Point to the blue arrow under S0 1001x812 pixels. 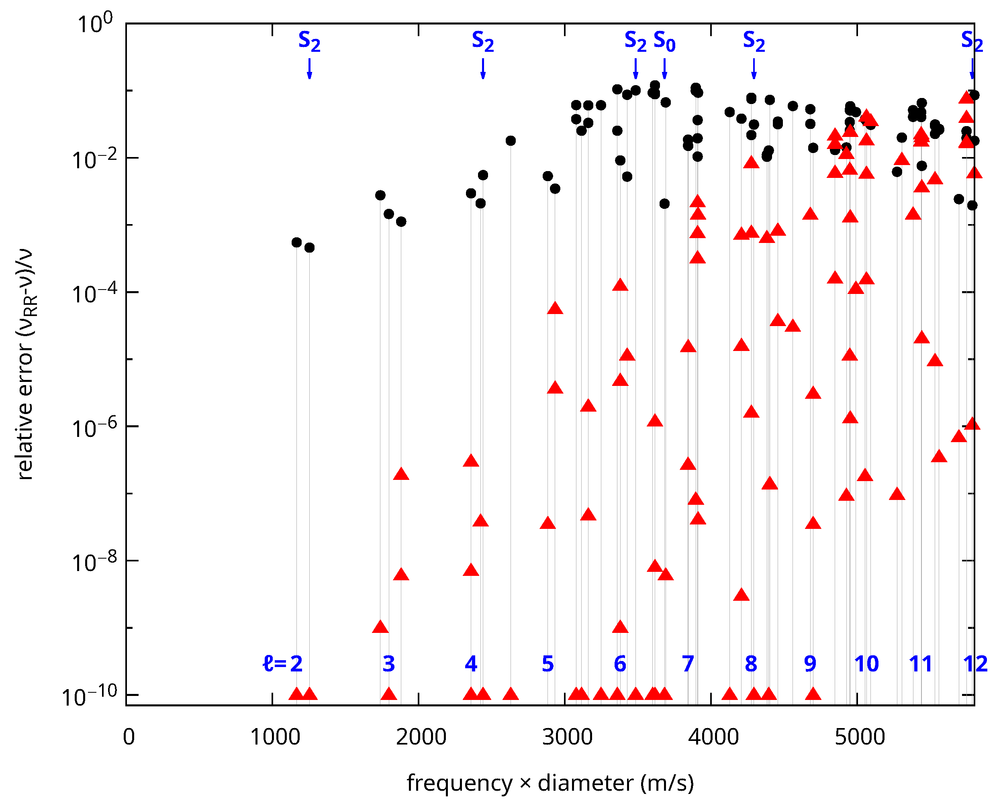tap(664, 69)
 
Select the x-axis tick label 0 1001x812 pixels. tap(129, 737)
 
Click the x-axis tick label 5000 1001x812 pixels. tap(860, 737)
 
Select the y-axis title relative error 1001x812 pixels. tap(26, 365)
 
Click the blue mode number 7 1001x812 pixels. tap(688, 664)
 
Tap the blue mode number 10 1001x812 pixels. tap(866, 664)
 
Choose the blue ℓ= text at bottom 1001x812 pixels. tap(275, 664)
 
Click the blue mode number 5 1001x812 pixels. tap(548, 664)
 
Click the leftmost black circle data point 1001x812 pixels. tap(296, 242)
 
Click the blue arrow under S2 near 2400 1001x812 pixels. tap(483, 69)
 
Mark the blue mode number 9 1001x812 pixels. tap(810, 664)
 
